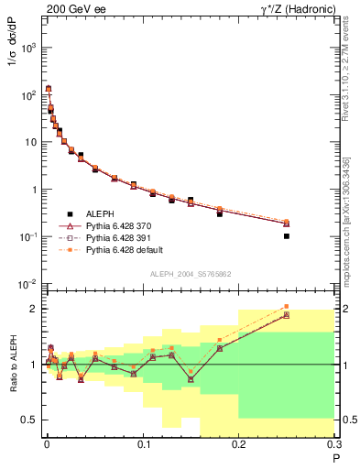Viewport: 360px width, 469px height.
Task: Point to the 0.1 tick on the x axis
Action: pyautogui.click(x=142, y=445)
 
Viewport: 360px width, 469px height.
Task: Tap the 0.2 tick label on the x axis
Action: pyautogui.click(x=238, y=445)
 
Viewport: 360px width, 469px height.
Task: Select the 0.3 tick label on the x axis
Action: pyautogui.click(x=333, y=445)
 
